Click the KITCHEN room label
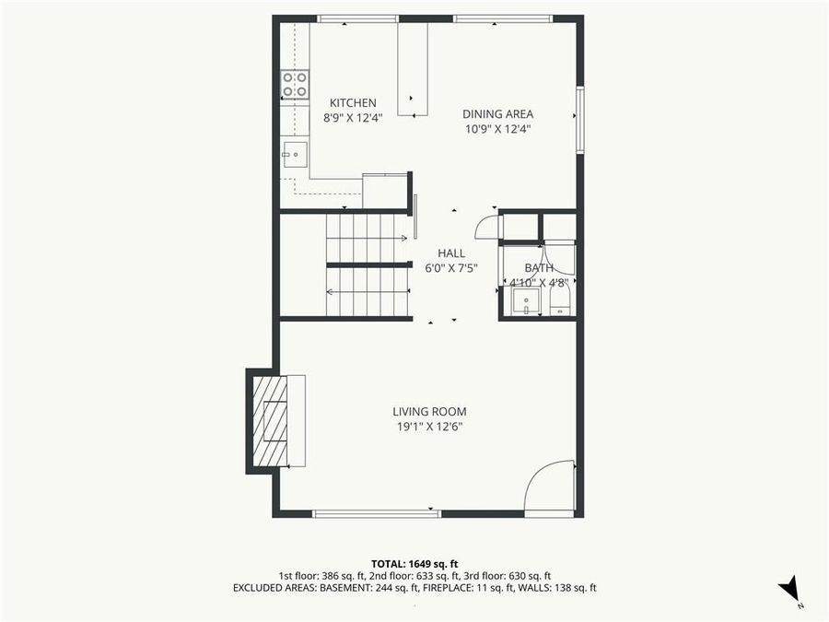353,103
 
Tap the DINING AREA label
497,114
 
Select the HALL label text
451,253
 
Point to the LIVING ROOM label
429,412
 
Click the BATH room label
539,268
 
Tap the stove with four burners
295,85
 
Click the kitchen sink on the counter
295,154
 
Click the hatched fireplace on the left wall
270,421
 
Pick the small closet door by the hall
486,228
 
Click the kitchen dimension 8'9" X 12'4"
353,118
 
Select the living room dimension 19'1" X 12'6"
429,427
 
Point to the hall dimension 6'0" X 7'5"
451,268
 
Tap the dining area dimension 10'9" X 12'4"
497,129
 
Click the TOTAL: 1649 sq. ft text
414,562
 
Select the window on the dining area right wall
579,120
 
